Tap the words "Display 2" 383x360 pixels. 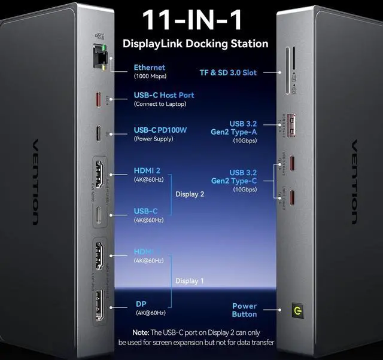click(x=190, y=194)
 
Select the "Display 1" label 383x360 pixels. click(x=190, y=281)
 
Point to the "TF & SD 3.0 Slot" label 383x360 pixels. click(x=228, y=72)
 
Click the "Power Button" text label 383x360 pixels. click(x=244, y=310)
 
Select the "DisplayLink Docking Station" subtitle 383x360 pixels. click(x=195, y=44)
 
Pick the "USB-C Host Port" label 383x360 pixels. click(x=163, y=95)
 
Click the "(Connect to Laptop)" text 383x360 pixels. click(x=160, y=104)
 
